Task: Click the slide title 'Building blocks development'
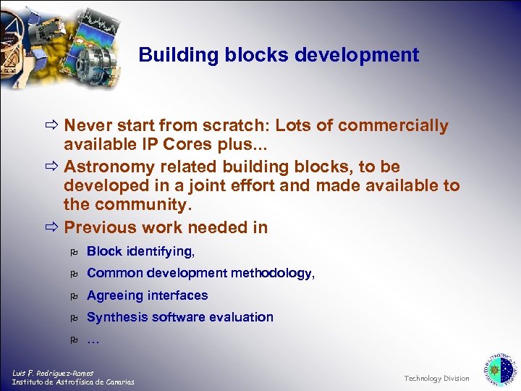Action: coord(279,55)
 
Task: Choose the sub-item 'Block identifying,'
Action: coord(140,252)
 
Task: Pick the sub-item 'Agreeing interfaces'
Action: coord(147,295)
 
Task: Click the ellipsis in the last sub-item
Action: coord(93,340)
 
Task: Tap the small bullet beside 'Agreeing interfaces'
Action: coord(73,296)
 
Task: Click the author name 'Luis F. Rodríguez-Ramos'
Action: coord(53,373)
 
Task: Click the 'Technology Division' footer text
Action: coord(436,379)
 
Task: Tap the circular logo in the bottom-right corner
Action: coord(499,369)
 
